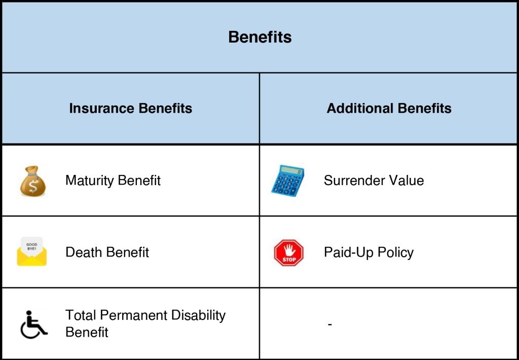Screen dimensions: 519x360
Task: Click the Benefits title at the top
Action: click(260, 37)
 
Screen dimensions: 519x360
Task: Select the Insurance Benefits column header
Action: click(130, 109)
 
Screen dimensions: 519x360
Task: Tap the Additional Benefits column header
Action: click(389, 109)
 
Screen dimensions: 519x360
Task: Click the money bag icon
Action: click(32, 181)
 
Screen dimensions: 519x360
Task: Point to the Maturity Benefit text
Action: click(113, 181)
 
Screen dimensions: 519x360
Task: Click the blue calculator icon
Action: click(288, 181)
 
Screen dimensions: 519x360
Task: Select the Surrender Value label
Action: click(374, 181)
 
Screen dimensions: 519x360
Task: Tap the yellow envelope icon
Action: click(32, 251)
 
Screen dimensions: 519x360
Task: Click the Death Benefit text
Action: click(107, 253)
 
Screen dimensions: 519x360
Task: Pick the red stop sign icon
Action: click(288, 253)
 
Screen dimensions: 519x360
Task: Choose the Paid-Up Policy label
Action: click(369, 253)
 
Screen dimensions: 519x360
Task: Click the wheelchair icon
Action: click(34, 325)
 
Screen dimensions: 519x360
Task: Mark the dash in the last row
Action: click(329, 324)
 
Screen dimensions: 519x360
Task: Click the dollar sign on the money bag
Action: click(33, 187)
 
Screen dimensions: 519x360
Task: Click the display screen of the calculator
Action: click(291, 170)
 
